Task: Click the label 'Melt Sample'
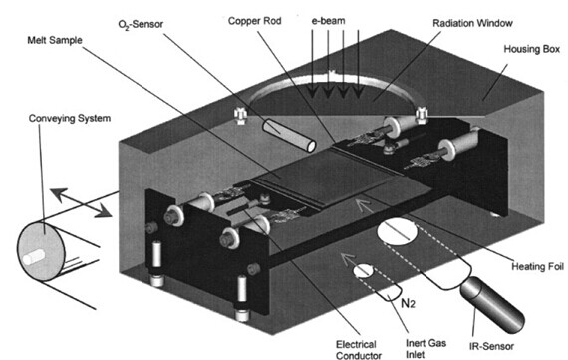[55, 40]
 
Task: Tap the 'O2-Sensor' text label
[141, 25]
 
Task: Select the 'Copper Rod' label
[254, 21]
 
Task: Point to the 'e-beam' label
[328, 20]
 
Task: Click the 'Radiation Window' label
[472, 23]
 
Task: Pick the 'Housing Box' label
[532, 49]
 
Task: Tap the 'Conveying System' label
[70, 118]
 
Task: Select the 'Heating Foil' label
[537, 267]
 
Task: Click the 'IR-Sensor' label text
[491, 346]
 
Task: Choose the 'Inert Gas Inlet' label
[426, 348]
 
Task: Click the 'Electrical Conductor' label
[359, 350]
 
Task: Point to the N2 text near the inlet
[409, 303]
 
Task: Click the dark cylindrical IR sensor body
[492, 305]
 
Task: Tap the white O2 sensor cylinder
[289, 135]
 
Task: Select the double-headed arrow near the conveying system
[81, 203]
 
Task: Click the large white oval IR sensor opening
[397, 231]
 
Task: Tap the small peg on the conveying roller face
[34, 256]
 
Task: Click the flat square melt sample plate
[323, 178]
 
